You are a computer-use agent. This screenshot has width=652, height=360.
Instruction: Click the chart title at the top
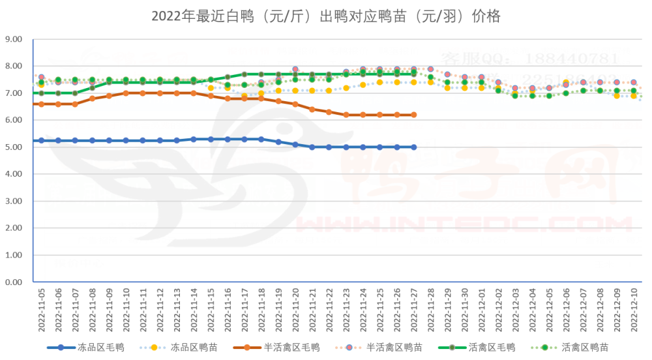click(326, 16)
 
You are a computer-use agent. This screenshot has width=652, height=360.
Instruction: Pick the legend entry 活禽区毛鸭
click(492, 348)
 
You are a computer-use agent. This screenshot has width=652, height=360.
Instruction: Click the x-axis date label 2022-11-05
click(42, 309)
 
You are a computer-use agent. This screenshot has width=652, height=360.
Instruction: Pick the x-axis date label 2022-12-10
click(634, 309)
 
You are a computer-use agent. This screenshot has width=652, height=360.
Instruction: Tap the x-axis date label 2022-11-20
click(295, 309)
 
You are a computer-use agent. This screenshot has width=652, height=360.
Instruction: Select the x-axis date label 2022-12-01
click(481, 309)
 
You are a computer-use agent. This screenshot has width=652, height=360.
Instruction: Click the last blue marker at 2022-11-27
click(413, 147)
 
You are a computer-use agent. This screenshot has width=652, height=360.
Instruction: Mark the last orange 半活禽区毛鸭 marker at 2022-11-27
click(413, 115)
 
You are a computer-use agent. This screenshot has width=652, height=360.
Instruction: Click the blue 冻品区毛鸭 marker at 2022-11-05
click(42, 140)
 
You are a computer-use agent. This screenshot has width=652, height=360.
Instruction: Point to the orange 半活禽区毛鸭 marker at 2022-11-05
click(42, 104)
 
